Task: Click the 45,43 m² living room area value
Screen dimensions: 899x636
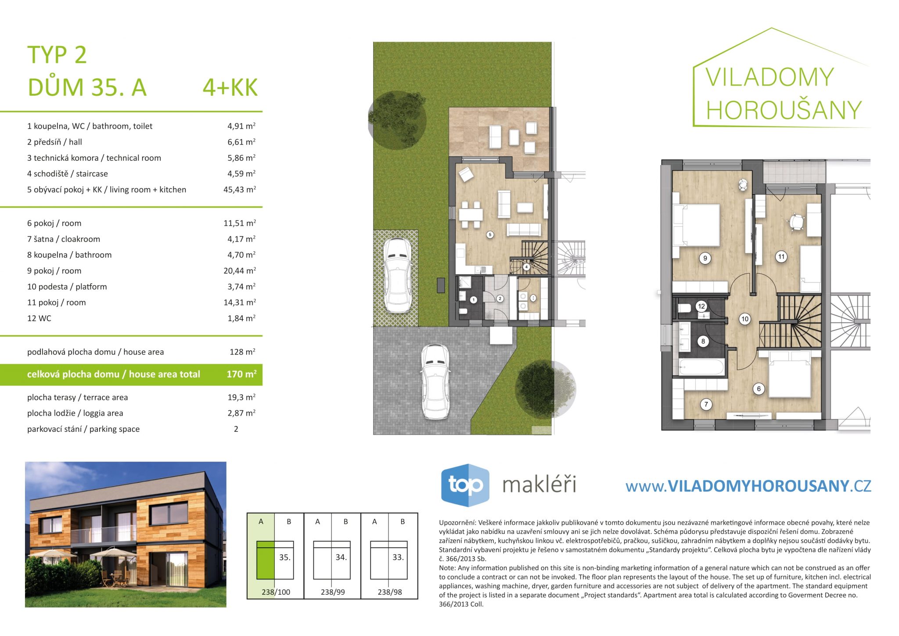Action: click(x=240, y=189)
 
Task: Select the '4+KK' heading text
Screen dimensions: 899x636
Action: click(x=230, y=87)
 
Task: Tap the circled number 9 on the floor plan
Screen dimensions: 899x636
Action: click(x=705, y=258)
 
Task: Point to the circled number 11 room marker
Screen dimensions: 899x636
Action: click(x=781, y=257)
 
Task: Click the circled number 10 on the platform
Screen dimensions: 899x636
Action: click(x=744, y=319)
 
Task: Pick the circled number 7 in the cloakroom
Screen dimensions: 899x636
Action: click(x=706, y=405)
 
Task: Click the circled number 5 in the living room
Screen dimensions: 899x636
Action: click(x=490, y=235)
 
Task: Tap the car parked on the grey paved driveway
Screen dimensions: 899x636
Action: click(x=435, y=381)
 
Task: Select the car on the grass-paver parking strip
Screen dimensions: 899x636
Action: click(x=397, y=275)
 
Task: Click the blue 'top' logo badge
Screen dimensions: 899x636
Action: click(x=465, y=485)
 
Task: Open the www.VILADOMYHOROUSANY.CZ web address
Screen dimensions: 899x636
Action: click(x=748, y=486)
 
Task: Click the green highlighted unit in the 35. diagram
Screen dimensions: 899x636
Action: click(x=265, y=560)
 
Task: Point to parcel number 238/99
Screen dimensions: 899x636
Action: click(x=333, y=592)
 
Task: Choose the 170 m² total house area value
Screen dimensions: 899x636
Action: click(x=241, y=374)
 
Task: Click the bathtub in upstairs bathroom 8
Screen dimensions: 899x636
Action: click(x=701, y=367)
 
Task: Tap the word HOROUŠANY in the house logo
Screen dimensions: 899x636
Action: click(x=784, y=110)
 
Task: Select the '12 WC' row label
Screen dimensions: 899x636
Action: click(x=39, y=318)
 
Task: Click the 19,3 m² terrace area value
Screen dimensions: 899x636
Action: click(x=241, y=397)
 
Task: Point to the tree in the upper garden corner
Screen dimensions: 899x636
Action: click(x=397, y=119)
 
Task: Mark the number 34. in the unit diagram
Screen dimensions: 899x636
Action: click(x=341, y=557)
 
